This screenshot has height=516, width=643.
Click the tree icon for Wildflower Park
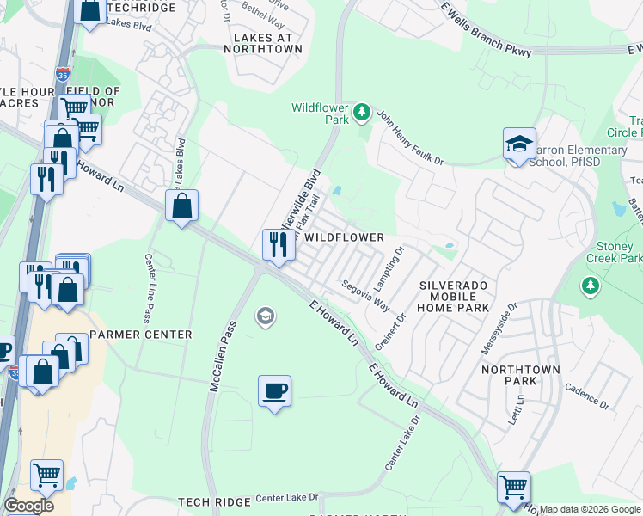[x=363, y=113]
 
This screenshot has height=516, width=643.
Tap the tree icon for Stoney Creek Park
[x=591, y=285]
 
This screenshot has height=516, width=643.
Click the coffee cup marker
[x=274, y=391]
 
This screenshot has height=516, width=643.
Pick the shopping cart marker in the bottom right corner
[x=513, y=487]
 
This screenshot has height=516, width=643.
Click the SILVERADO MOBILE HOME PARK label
[x=453, y=296]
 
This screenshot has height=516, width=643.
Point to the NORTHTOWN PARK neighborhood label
[x=520, y=375]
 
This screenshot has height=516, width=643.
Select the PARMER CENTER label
[x=140, y=335]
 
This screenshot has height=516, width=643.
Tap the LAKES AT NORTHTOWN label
[x=262, y=43]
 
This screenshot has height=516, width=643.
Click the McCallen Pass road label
[x=222, y=357]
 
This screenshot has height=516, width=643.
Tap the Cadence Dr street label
[x=586, y=397]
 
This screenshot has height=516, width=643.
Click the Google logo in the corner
[x=28, y=506]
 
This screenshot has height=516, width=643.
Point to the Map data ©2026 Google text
[x=591, y=509]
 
